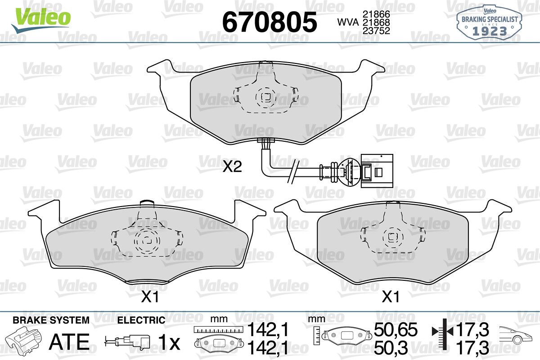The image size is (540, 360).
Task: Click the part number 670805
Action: click(270, 22)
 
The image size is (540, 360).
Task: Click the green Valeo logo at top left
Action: click(41, 20)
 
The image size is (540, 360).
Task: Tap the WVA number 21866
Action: click(376, 14)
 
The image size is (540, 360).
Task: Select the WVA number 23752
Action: click(376, 31)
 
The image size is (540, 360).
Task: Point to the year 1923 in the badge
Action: click(490, 31)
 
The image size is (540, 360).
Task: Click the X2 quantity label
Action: click(232, 166)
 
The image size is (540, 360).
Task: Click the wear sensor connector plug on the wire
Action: click(377, 171)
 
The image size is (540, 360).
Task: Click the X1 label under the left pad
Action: click(150, 297)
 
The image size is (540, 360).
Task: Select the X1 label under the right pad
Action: click(391, 297)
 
